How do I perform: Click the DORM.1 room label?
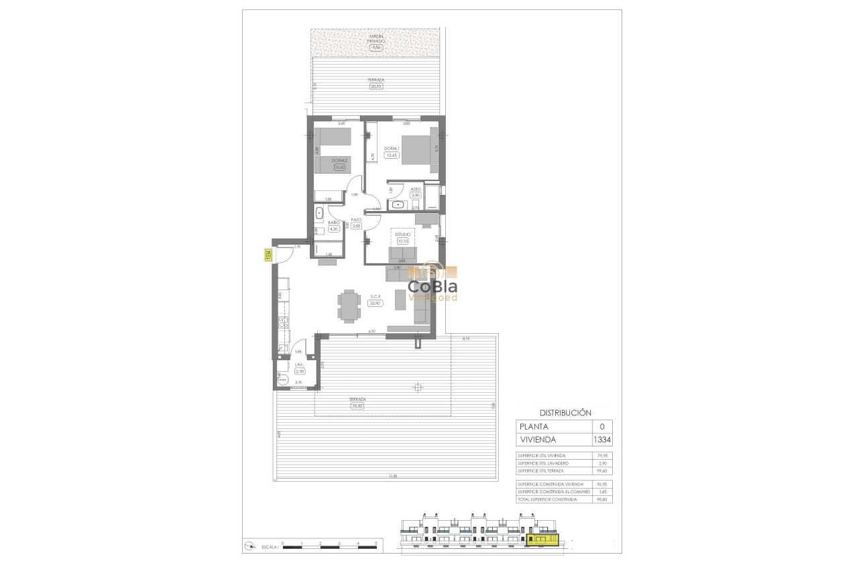[x=392, y=148]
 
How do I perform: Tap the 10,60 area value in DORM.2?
[x=340, y=168]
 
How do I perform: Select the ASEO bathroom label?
[x=415, y=189]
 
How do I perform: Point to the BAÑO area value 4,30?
[x=333, y=229]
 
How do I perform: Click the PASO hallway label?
[x=356, y=219]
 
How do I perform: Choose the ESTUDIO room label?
[x=402, y=235]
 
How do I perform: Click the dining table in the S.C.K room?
[x=348, y=306]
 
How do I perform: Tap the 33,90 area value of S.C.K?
[x=375, y=303]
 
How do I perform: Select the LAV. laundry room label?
[x=299, y=365]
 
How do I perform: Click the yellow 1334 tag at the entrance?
[x=268, y=255]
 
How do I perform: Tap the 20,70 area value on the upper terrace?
[x=376, y=86]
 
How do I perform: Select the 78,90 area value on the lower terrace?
[x=357, y=405]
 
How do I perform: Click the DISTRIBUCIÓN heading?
[x=565, y=413]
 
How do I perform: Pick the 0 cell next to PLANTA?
[x=601, y=426]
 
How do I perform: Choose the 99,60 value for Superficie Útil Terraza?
[x=601, y=471]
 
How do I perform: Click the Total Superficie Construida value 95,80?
[x=601, y=499]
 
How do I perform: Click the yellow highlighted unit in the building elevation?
[x=542, y=539]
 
